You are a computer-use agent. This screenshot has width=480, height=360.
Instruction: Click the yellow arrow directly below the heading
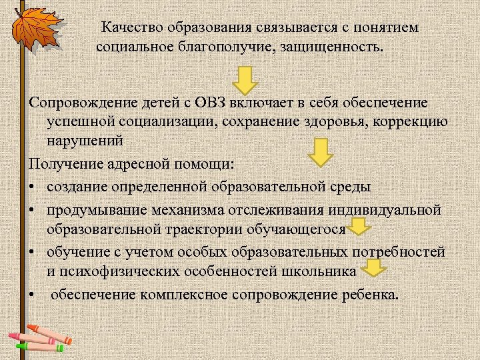246,79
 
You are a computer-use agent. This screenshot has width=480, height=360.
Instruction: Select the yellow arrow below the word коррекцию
321,152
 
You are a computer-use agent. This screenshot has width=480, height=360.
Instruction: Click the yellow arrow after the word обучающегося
359,228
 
